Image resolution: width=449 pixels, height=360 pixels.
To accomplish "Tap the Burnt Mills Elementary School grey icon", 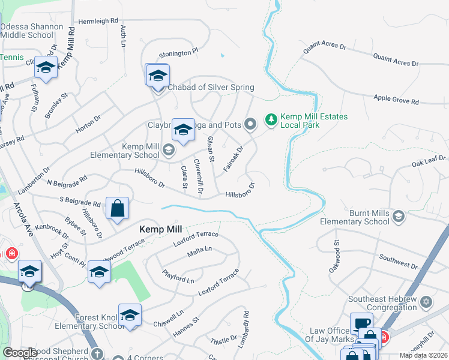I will point(398,216).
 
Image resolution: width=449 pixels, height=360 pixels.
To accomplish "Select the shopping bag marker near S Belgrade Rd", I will point(118,208).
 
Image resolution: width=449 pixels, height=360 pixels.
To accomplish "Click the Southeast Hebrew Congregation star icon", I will point(426,301).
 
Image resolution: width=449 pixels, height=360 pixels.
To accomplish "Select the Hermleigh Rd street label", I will point(98,21).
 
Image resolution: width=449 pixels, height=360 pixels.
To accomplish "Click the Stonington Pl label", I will point(178,53).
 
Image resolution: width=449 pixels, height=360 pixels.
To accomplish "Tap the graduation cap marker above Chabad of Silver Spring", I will point(158,75).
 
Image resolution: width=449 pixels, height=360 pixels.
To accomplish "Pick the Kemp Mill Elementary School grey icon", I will point(169,150).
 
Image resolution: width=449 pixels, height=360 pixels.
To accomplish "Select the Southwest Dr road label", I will point(398,262).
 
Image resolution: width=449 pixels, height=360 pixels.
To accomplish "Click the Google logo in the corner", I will point(20,353).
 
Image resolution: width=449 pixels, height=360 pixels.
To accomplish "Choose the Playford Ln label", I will point(178,277).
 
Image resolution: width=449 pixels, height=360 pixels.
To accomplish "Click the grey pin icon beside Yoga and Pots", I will point(251,124).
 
